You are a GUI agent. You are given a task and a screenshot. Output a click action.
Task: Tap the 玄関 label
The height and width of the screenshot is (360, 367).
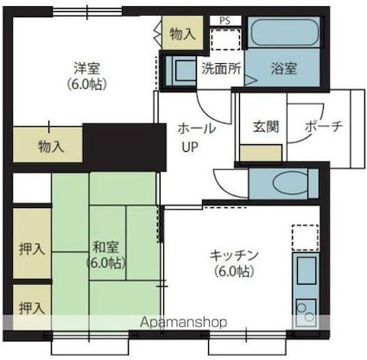(x=265, y=126)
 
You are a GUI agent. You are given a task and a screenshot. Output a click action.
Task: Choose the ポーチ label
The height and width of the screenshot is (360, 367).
(x=324, y=126)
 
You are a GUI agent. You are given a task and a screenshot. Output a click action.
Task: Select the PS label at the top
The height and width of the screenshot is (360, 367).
(x=225, y=19)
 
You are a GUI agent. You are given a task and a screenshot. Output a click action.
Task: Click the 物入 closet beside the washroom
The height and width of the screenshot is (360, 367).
(x=181, y=35)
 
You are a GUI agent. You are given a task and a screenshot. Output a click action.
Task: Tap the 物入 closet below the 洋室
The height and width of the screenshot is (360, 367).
(x=50, y=146)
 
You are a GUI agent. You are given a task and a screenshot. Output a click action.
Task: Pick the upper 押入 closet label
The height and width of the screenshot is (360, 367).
(x=32, y=249)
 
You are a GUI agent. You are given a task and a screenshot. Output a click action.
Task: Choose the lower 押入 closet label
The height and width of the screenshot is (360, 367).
(x=32, y=306)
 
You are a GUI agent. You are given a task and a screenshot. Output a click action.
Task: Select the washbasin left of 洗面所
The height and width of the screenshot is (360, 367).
(x=183, y=69)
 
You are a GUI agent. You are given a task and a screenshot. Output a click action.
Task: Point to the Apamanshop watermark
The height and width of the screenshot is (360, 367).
(x=179, y=322)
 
